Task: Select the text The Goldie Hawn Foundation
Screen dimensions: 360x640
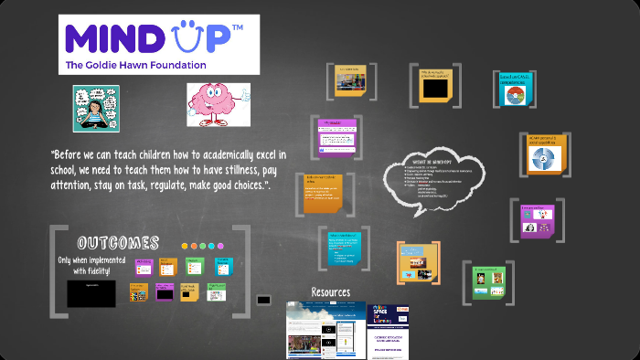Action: (x=135, y=66)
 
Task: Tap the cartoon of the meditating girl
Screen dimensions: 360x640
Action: (x=96, y=109)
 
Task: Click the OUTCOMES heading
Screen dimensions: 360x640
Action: (x=118, y=244)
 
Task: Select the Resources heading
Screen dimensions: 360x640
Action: (x=330, y=292)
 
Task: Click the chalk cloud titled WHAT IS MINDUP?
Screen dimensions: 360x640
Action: (x=432, y=178)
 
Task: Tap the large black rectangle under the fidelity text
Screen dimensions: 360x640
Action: (x=91, y=293)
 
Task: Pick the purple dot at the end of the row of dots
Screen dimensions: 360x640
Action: (x=220, y=246)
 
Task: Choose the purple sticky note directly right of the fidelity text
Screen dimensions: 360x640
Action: (x=144, y=266)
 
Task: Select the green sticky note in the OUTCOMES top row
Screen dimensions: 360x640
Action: (x=194, y=266)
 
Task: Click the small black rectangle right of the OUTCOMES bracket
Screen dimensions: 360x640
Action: (x=264, y=299)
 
